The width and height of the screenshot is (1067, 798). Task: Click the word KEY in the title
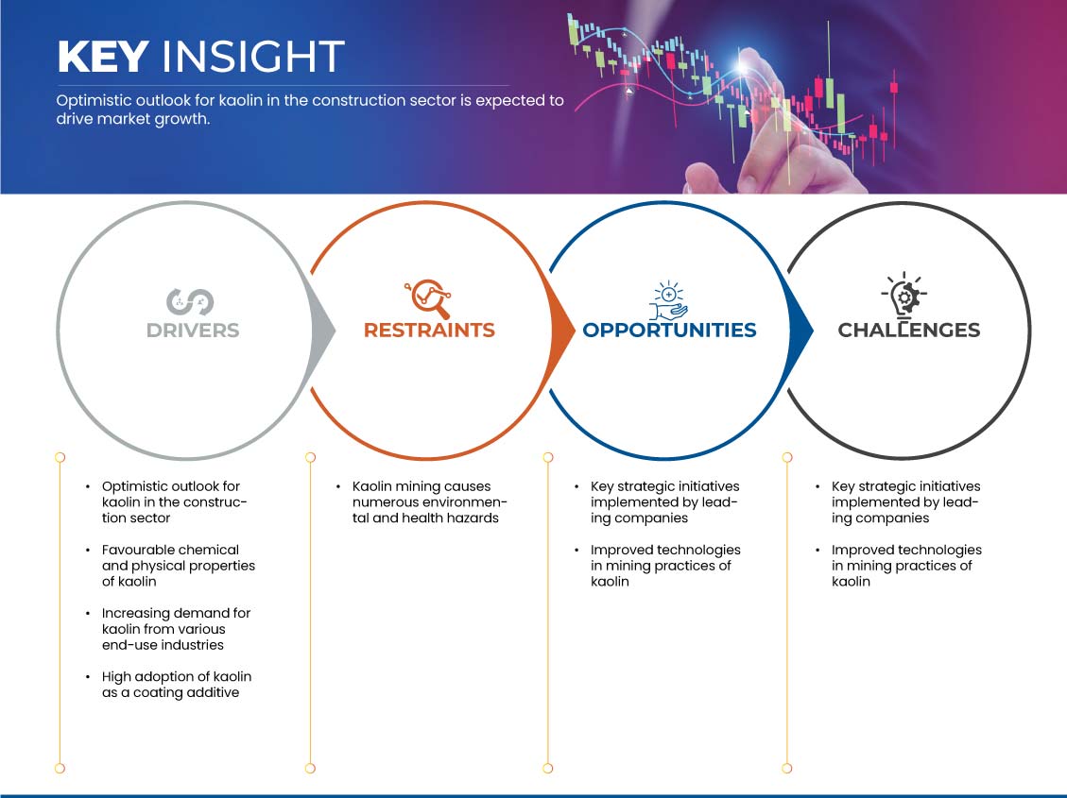tap(103, 56)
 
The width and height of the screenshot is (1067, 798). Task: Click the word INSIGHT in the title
tap(252, 56)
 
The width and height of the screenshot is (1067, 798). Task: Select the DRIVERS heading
tap(193, 331)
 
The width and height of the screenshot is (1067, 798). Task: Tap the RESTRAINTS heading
tap(429, 331)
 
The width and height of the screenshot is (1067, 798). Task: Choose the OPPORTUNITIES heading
tap(670, 331)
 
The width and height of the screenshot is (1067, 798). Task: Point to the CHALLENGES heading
tap(909, 331)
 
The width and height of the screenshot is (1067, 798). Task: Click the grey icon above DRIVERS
tap(190, 302)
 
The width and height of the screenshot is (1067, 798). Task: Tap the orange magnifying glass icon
tap(428, 297)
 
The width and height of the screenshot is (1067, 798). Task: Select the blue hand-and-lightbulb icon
tap(668, 299)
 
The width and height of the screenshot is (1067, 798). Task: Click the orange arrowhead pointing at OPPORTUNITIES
tap(562, 331)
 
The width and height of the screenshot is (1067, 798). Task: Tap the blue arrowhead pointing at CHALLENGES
tap(800, 331)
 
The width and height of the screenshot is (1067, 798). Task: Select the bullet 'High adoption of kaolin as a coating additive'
tap(177, 685)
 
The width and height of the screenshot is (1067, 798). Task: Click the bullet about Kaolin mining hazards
tap(429, 502)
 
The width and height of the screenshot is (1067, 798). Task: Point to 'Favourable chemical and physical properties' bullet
tap(179, 566)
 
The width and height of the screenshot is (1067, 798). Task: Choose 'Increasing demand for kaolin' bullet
tap(176, 629)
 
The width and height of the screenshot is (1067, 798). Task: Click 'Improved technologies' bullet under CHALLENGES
tap(906, 566)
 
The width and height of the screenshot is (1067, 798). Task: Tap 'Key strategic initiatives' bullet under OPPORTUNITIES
tap(664, 502)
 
